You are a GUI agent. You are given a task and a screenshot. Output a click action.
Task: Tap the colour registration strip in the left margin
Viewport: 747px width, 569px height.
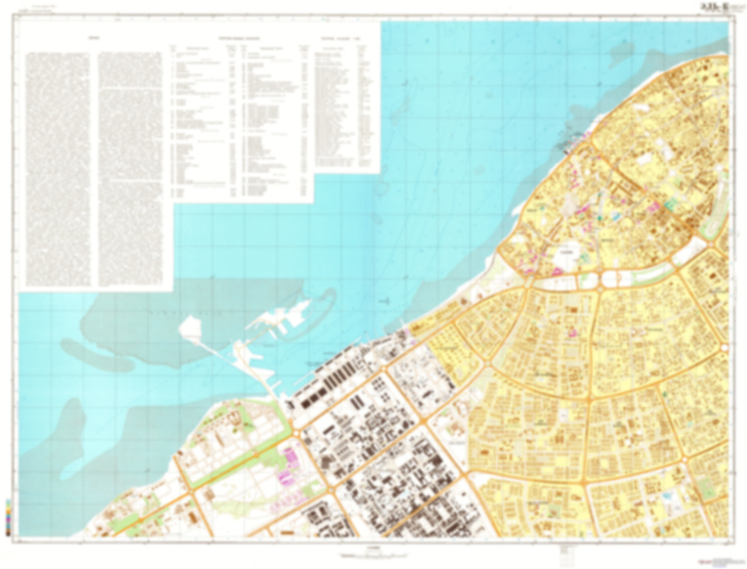(x=7, y=516)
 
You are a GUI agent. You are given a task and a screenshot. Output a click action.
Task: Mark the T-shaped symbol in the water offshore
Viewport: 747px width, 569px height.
(x=385, y=299)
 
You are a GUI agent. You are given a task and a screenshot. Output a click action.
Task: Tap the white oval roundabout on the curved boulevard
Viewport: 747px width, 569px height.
(x=608, y=280)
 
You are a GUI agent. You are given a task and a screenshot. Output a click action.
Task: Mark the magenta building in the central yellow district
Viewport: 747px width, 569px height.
(x=573, y=332)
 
